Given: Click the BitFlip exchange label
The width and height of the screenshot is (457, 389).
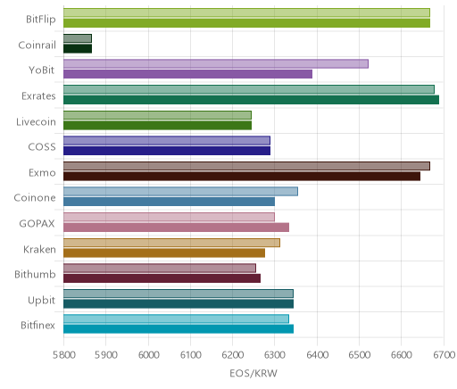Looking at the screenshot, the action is [41, 20].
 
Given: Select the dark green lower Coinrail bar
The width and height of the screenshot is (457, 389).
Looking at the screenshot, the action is [78, 49].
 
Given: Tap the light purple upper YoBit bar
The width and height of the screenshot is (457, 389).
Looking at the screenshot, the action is [216, 64].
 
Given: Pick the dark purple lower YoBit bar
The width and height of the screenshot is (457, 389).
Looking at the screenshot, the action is [187, 74].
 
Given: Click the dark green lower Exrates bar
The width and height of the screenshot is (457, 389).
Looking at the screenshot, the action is [251, 100].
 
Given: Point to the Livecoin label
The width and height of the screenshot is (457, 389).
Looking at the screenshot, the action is [36, 122].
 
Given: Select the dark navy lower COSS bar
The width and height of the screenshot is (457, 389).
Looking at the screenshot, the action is [167, 151].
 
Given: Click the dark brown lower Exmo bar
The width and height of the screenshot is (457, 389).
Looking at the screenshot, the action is [242, 177].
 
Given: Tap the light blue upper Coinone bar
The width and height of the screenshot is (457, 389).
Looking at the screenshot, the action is [180, 192].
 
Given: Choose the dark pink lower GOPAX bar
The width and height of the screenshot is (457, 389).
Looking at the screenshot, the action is [176, 228].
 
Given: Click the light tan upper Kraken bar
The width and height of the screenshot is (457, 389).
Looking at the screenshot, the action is [171, 243].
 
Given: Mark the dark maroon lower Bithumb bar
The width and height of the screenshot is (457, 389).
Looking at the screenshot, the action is [162, 278].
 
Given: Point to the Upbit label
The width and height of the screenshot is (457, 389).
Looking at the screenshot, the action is [41, 301].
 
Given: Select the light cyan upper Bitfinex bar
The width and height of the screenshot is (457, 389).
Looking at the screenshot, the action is [176, 319].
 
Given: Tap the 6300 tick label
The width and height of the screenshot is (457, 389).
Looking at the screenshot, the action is [275, 355].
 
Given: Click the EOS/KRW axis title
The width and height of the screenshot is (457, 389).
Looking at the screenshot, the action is [253, 374].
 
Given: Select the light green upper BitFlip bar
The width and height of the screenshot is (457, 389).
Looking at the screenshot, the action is [246, 12].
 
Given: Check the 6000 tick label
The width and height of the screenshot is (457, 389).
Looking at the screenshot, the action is [148, 355].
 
